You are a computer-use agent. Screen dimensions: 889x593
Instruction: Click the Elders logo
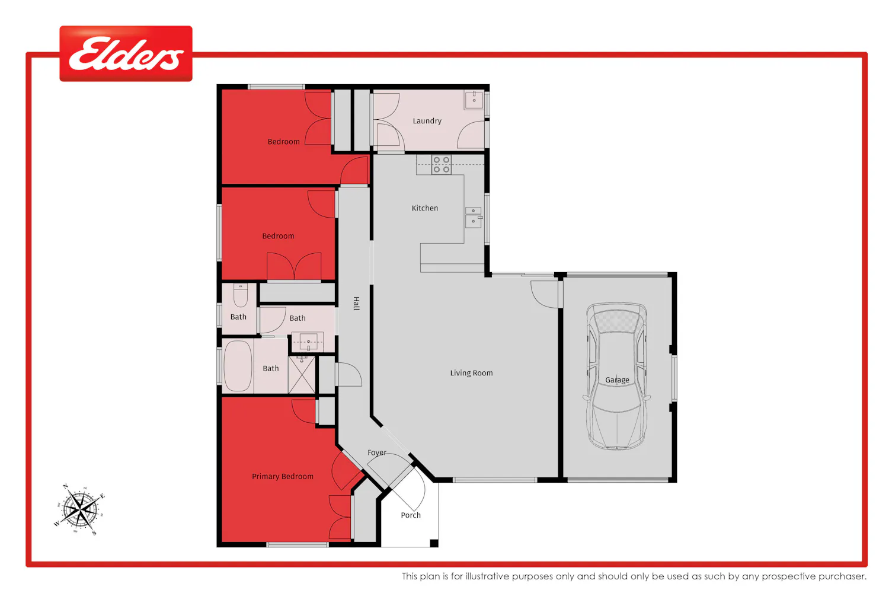pos(126,53)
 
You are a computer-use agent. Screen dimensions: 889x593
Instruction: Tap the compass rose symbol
pos(80,509)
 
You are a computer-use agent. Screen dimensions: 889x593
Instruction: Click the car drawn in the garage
pos(616,376)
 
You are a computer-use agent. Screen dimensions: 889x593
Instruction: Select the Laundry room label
pos(427,121)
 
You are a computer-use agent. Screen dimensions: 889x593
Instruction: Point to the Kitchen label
pos(425,208)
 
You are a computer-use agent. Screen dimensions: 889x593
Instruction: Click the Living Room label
pos(472,373)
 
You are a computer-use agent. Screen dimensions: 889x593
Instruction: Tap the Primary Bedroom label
pos(283,477)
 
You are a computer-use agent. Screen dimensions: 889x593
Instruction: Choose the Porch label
pos(411,515)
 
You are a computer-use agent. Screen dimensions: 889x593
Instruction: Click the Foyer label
pos(376,453)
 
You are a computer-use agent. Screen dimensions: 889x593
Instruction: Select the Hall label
pos(356,304)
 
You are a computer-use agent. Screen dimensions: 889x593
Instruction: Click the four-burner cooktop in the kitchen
pos(442,164)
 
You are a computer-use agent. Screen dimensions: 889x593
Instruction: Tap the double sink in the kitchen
pos(474,217)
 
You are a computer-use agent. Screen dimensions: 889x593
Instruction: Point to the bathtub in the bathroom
pos(238,366)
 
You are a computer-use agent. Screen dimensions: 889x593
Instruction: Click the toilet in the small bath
pos(240,295)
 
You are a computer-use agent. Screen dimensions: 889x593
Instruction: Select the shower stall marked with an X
pos(302,375)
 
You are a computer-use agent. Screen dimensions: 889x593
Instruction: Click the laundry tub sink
pos(474,100)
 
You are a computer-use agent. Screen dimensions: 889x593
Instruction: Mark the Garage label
pos(617,380)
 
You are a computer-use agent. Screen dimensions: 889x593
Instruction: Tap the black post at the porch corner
pos(434,543)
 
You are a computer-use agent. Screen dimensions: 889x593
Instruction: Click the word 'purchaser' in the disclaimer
pos(845,576)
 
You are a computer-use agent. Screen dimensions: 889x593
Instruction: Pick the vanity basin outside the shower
pos(308,342)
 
